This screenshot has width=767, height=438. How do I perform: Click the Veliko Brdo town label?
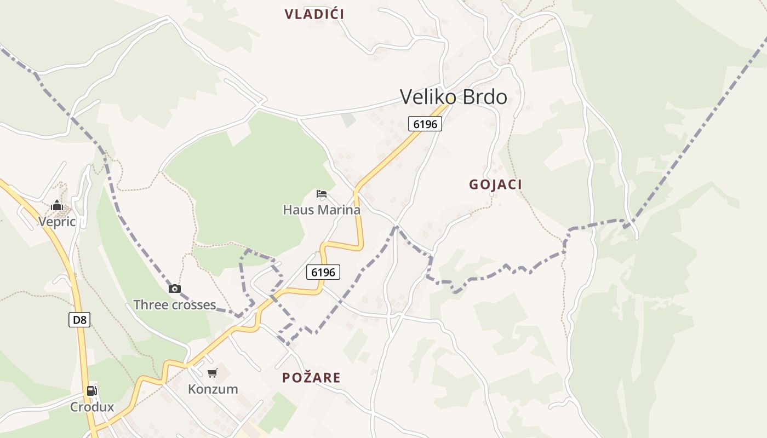click(453, 97)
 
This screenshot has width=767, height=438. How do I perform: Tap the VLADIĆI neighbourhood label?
click(314, 14)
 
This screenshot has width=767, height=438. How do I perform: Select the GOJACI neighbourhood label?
click(495, 185)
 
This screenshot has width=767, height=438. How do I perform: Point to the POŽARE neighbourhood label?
click(311, 377)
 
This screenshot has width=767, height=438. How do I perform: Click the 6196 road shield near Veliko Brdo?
click(425, 124)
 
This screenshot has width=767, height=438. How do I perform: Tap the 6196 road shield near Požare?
click(323, 272)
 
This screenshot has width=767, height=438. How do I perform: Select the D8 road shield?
click(79, 320)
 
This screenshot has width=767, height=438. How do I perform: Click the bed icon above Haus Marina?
click(322, 194)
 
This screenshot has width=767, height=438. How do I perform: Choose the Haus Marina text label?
click(322, 210)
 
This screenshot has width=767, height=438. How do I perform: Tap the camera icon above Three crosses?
click(175, 289)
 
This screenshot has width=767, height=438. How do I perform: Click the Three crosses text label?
click(174, 305)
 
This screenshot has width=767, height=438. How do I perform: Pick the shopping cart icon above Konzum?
click(213, 373)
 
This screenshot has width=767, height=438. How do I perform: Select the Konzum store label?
click(213, 389)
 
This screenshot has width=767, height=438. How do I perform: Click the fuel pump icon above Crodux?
click(92, 391)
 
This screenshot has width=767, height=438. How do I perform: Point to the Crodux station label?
click(92, 407)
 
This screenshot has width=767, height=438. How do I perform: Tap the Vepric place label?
click(56, 222)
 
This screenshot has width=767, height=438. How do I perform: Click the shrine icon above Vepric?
click(57, 206)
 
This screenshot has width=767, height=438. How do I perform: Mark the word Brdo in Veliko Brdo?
click(485, 97)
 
